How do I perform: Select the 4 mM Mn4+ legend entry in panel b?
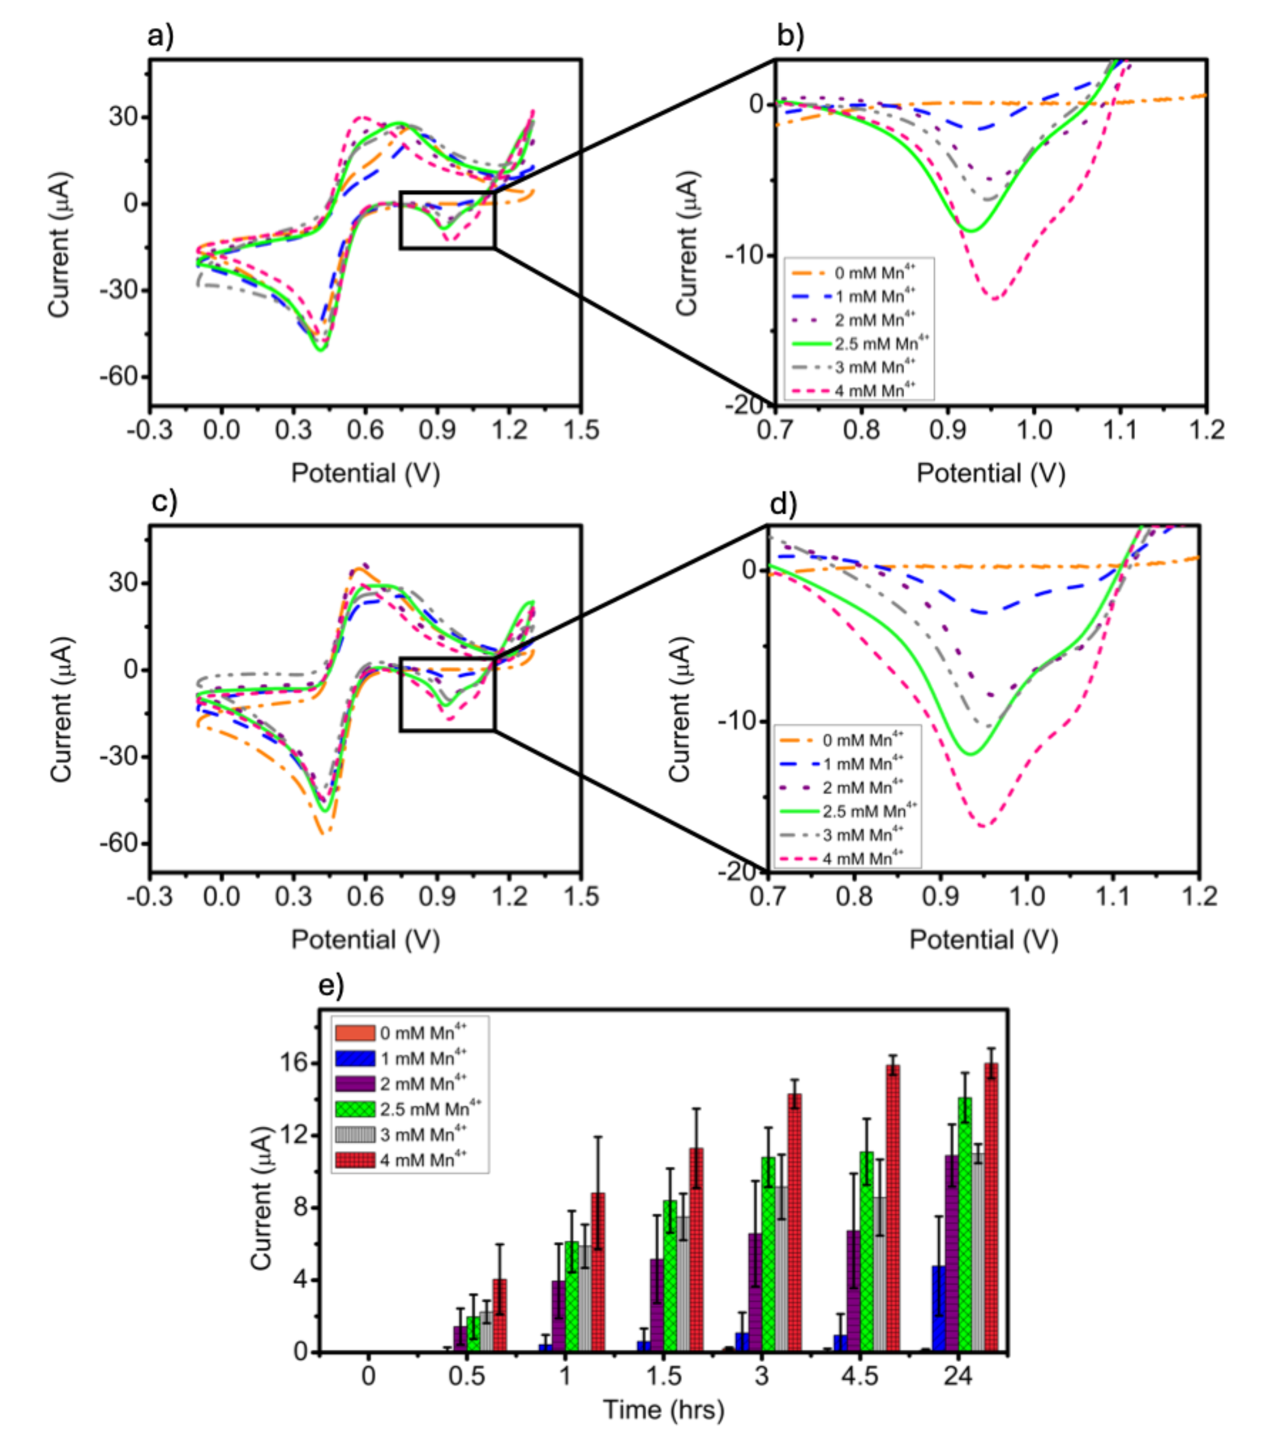coord(874,390)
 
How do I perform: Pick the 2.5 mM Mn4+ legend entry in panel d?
coord(869,811)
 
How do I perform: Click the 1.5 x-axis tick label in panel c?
coord(581,897)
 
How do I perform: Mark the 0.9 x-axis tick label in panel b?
coord(947,430)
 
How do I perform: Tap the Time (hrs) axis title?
coord(663,1410)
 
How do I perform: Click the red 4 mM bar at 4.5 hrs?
coord(893,1207)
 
